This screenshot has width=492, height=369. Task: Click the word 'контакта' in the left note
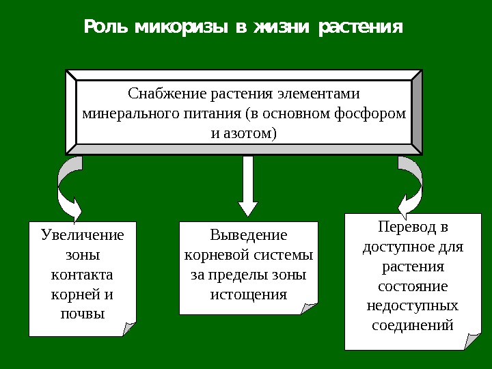tap(83, 275)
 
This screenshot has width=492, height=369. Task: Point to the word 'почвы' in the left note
tap(83, 315)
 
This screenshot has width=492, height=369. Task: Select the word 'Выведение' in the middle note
tap(249, 235)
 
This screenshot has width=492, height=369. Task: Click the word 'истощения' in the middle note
tap(249, 295)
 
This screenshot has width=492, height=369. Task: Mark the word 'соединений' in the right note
tap(413, 324)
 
